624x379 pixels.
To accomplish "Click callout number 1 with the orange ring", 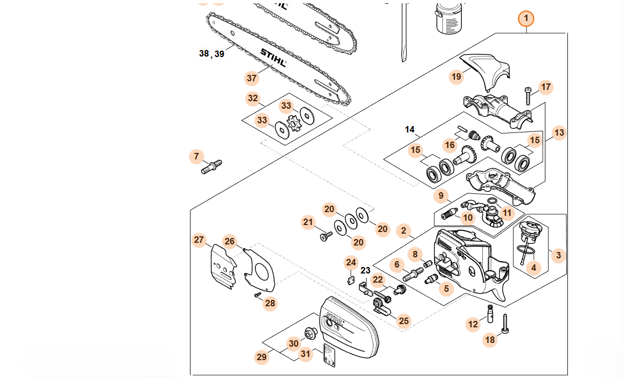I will (526, 19).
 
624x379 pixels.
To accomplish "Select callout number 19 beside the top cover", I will (456, 77).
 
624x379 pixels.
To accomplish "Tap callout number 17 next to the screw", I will (546, 87).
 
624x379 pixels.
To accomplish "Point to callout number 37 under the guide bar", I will (252, 78).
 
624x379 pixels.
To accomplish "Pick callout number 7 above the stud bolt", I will (197, 157).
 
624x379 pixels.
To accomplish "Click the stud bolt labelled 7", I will (212, 167).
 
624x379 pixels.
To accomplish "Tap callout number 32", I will (253, 99).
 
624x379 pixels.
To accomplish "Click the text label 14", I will (410, 129).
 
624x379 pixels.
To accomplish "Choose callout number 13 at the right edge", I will (559, 132).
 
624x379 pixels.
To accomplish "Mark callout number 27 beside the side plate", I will (199, 240).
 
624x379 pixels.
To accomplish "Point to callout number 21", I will (308, 222).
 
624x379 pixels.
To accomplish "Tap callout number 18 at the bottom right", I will (490, 340).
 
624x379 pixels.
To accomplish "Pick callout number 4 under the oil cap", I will (533, 267).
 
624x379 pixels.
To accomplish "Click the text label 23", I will (366, 271).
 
